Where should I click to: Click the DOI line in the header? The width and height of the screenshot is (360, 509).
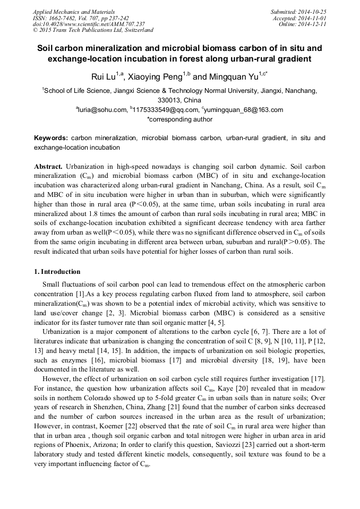(89, 24)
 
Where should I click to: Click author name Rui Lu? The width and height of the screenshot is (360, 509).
(104, 77)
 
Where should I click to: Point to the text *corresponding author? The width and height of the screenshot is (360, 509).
(179, 119)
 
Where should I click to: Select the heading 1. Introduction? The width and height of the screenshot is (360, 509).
(57, 271)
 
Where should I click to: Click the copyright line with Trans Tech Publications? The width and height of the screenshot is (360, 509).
(93, 30)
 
